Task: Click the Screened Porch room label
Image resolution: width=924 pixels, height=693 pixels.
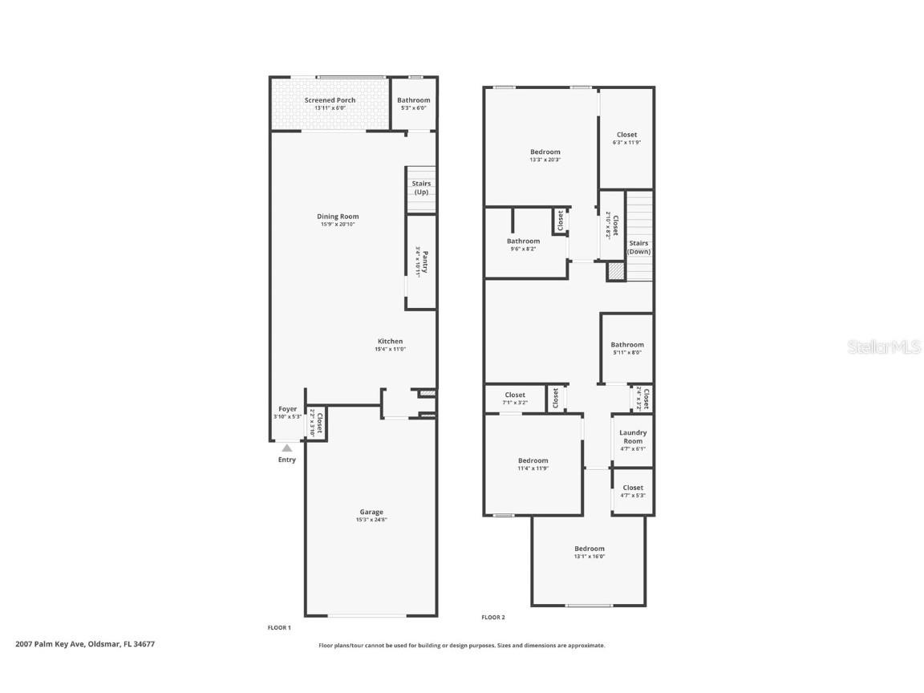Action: [x=330, y=100]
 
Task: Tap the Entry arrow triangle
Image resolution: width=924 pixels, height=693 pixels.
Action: [x=287, y=448]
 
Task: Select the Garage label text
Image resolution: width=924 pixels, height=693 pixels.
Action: [x=371, y=512]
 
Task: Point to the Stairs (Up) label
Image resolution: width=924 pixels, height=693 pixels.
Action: [x=421, y=188]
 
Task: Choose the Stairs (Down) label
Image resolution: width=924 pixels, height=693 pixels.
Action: [x=638, y=247]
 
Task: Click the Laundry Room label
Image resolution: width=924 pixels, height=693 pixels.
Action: [x=633, y=437]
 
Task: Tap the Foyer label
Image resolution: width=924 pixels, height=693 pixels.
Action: [x=287, y=409]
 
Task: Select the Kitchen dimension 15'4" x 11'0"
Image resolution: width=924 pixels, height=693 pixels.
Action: [x=390, y=349]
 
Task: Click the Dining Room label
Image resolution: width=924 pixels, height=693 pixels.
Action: [x=338, y=217]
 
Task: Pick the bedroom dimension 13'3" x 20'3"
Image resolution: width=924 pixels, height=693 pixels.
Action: [x=545, y=160]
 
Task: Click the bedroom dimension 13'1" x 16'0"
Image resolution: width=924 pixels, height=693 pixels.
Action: [x=589, y=557]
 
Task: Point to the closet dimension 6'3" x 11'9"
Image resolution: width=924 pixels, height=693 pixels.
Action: [x=626, y=143]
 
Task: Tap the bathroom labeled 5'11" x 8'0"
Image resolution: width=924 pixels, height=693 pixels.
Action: [x=627, y=348]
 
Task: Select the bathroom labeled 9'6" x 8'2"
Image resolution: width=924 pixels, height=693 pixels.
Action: [x=523, y=245]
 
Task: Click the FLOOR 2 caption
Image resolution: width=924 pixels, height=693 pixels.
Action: [x=493, y=618]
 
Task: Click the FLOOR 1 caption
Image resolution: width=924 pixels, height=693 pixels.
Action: [x=279, y=627]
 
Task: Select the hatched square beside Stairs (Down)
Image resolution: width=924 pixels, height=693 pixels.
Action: [x=615, y=272]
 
